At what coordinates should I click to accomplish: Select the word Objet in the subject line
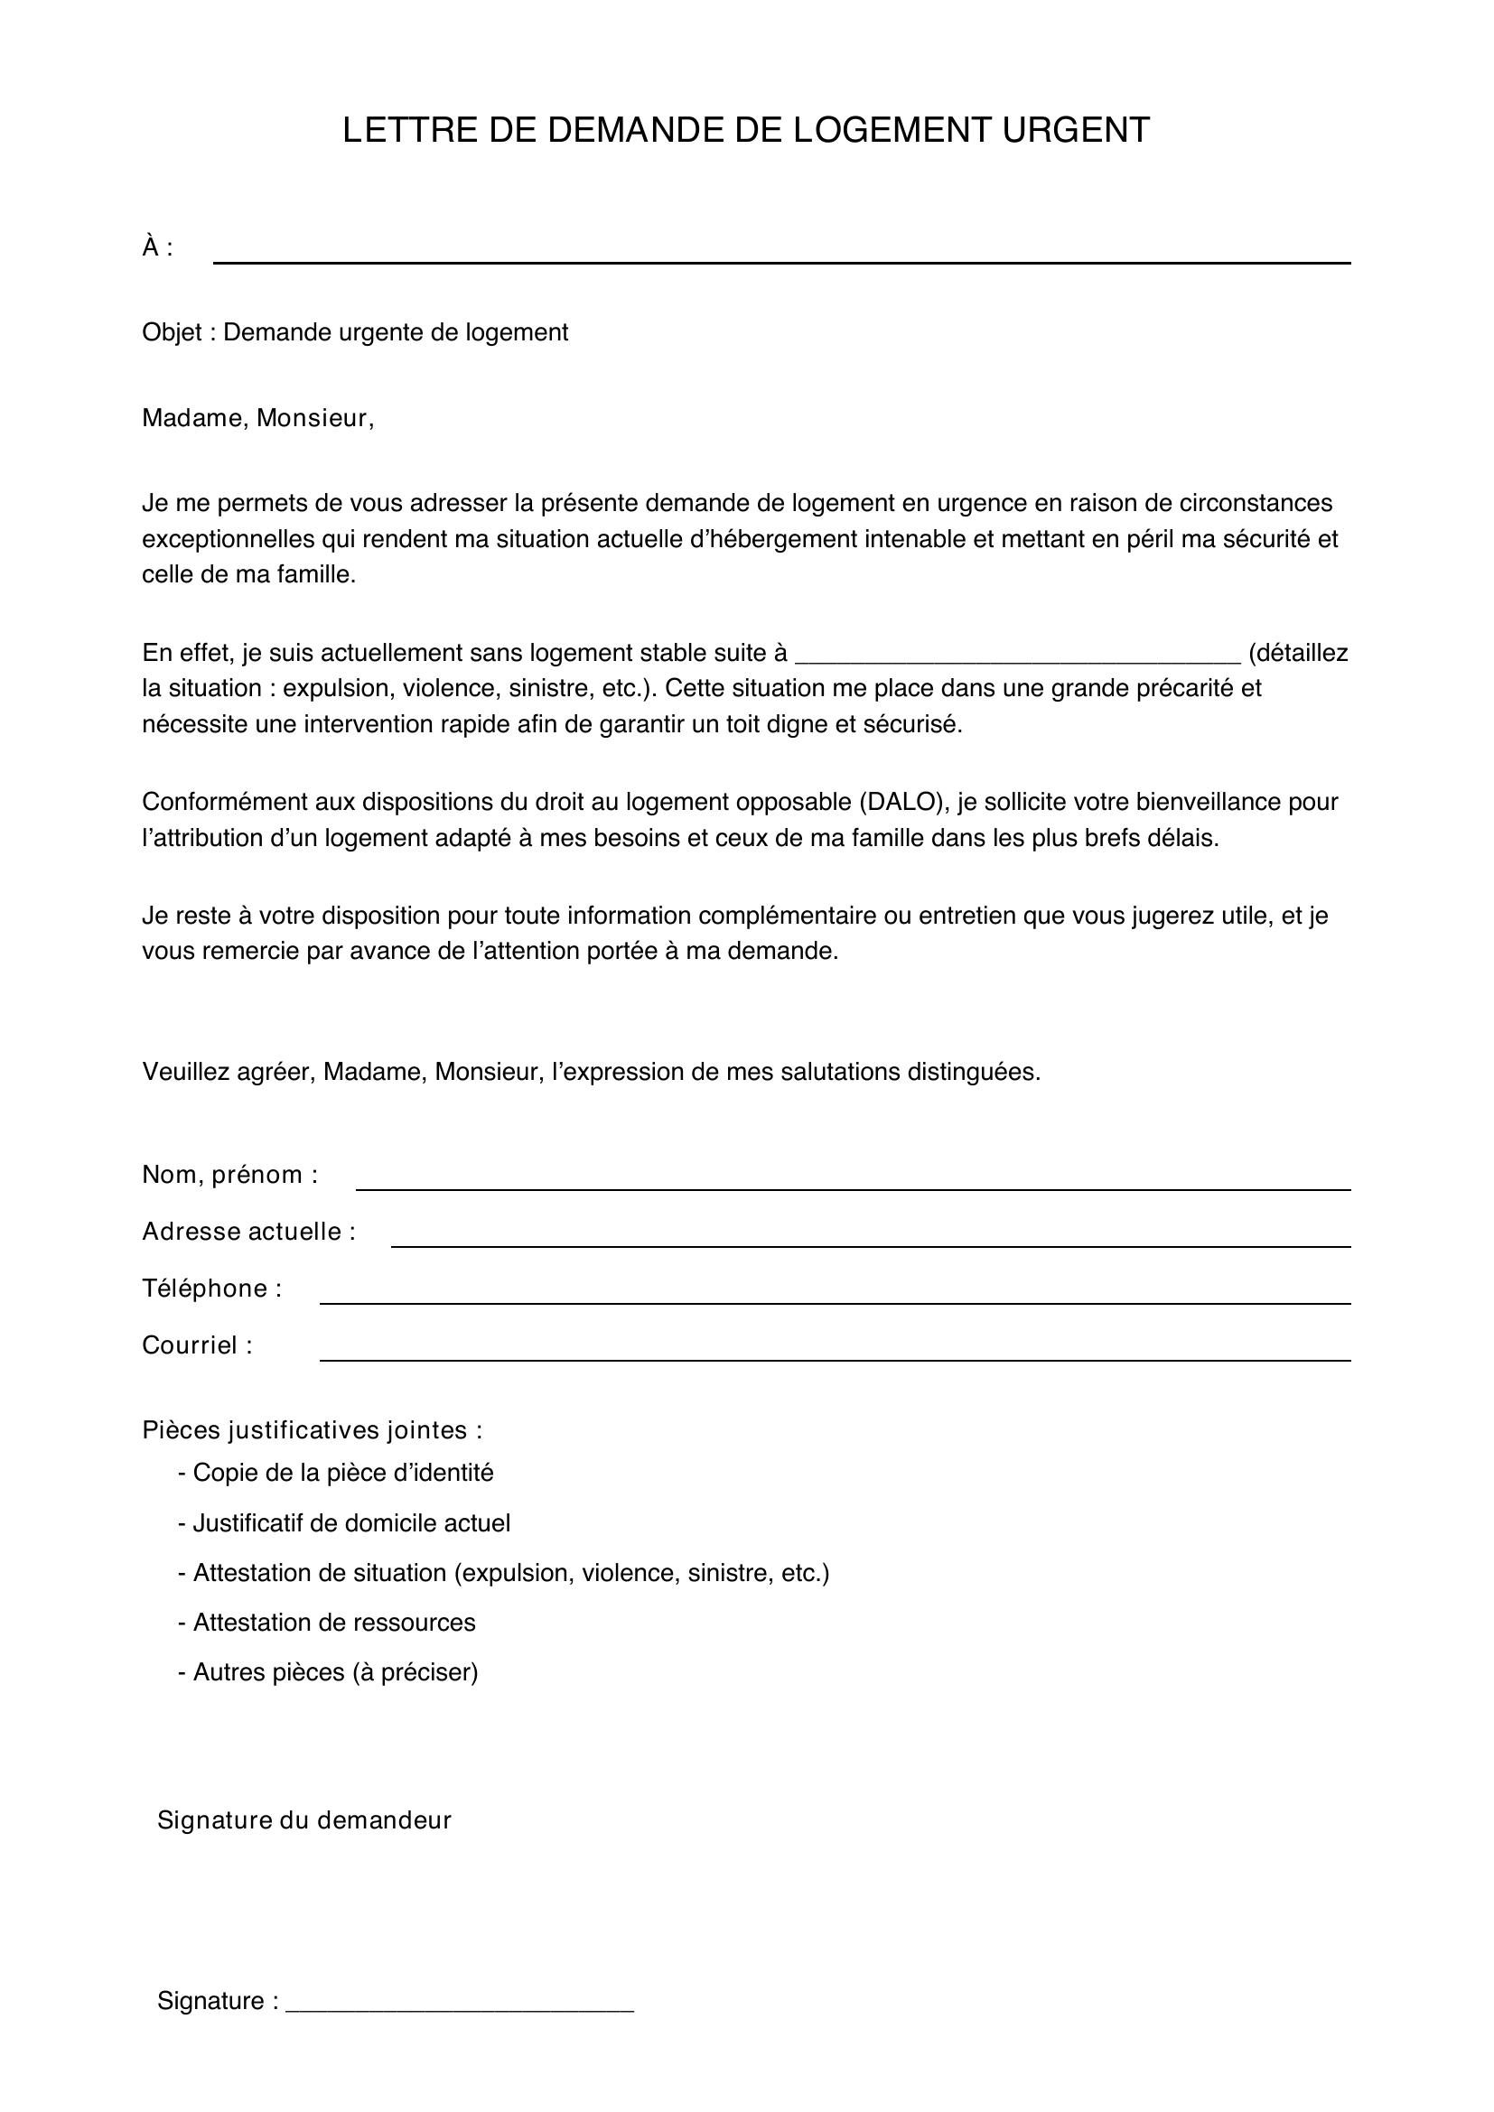171,333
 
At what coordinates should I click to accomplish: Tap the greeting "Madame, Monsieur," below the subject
257,419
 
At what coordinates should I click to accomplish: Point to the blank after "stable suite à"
1017,655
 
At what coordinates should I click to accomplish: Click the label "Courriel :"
197,1345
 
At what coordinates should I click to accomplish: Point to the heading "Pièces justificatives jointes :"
312,1430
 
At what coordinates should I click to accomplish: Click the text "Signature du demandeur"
304,1820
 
